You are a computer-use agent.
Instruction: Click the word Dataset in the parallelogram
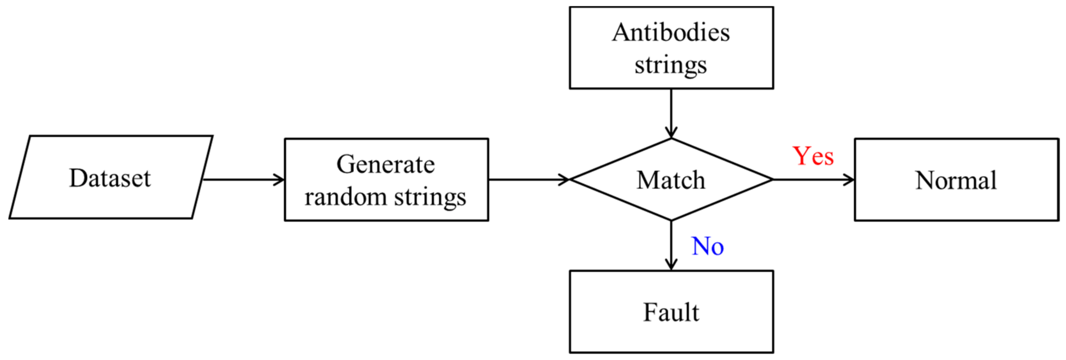coord(110,178)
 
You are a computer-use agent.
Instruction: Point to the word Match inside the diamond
coord(671,180)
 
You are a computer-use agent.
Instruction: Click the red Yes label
coord(813,156)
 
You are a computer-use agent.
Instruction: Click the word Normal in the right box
coord(956,180)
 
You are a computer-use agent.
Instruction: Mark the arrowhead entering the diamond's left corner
coord(564,180)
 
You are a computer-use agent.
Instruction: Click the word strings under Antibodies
coord(671,65)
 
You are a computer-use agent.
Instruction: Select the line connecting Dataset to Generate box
coord(240,180)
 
